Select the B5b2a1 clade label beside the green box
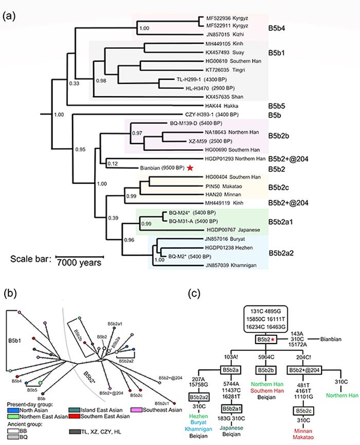coord(286,224)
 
